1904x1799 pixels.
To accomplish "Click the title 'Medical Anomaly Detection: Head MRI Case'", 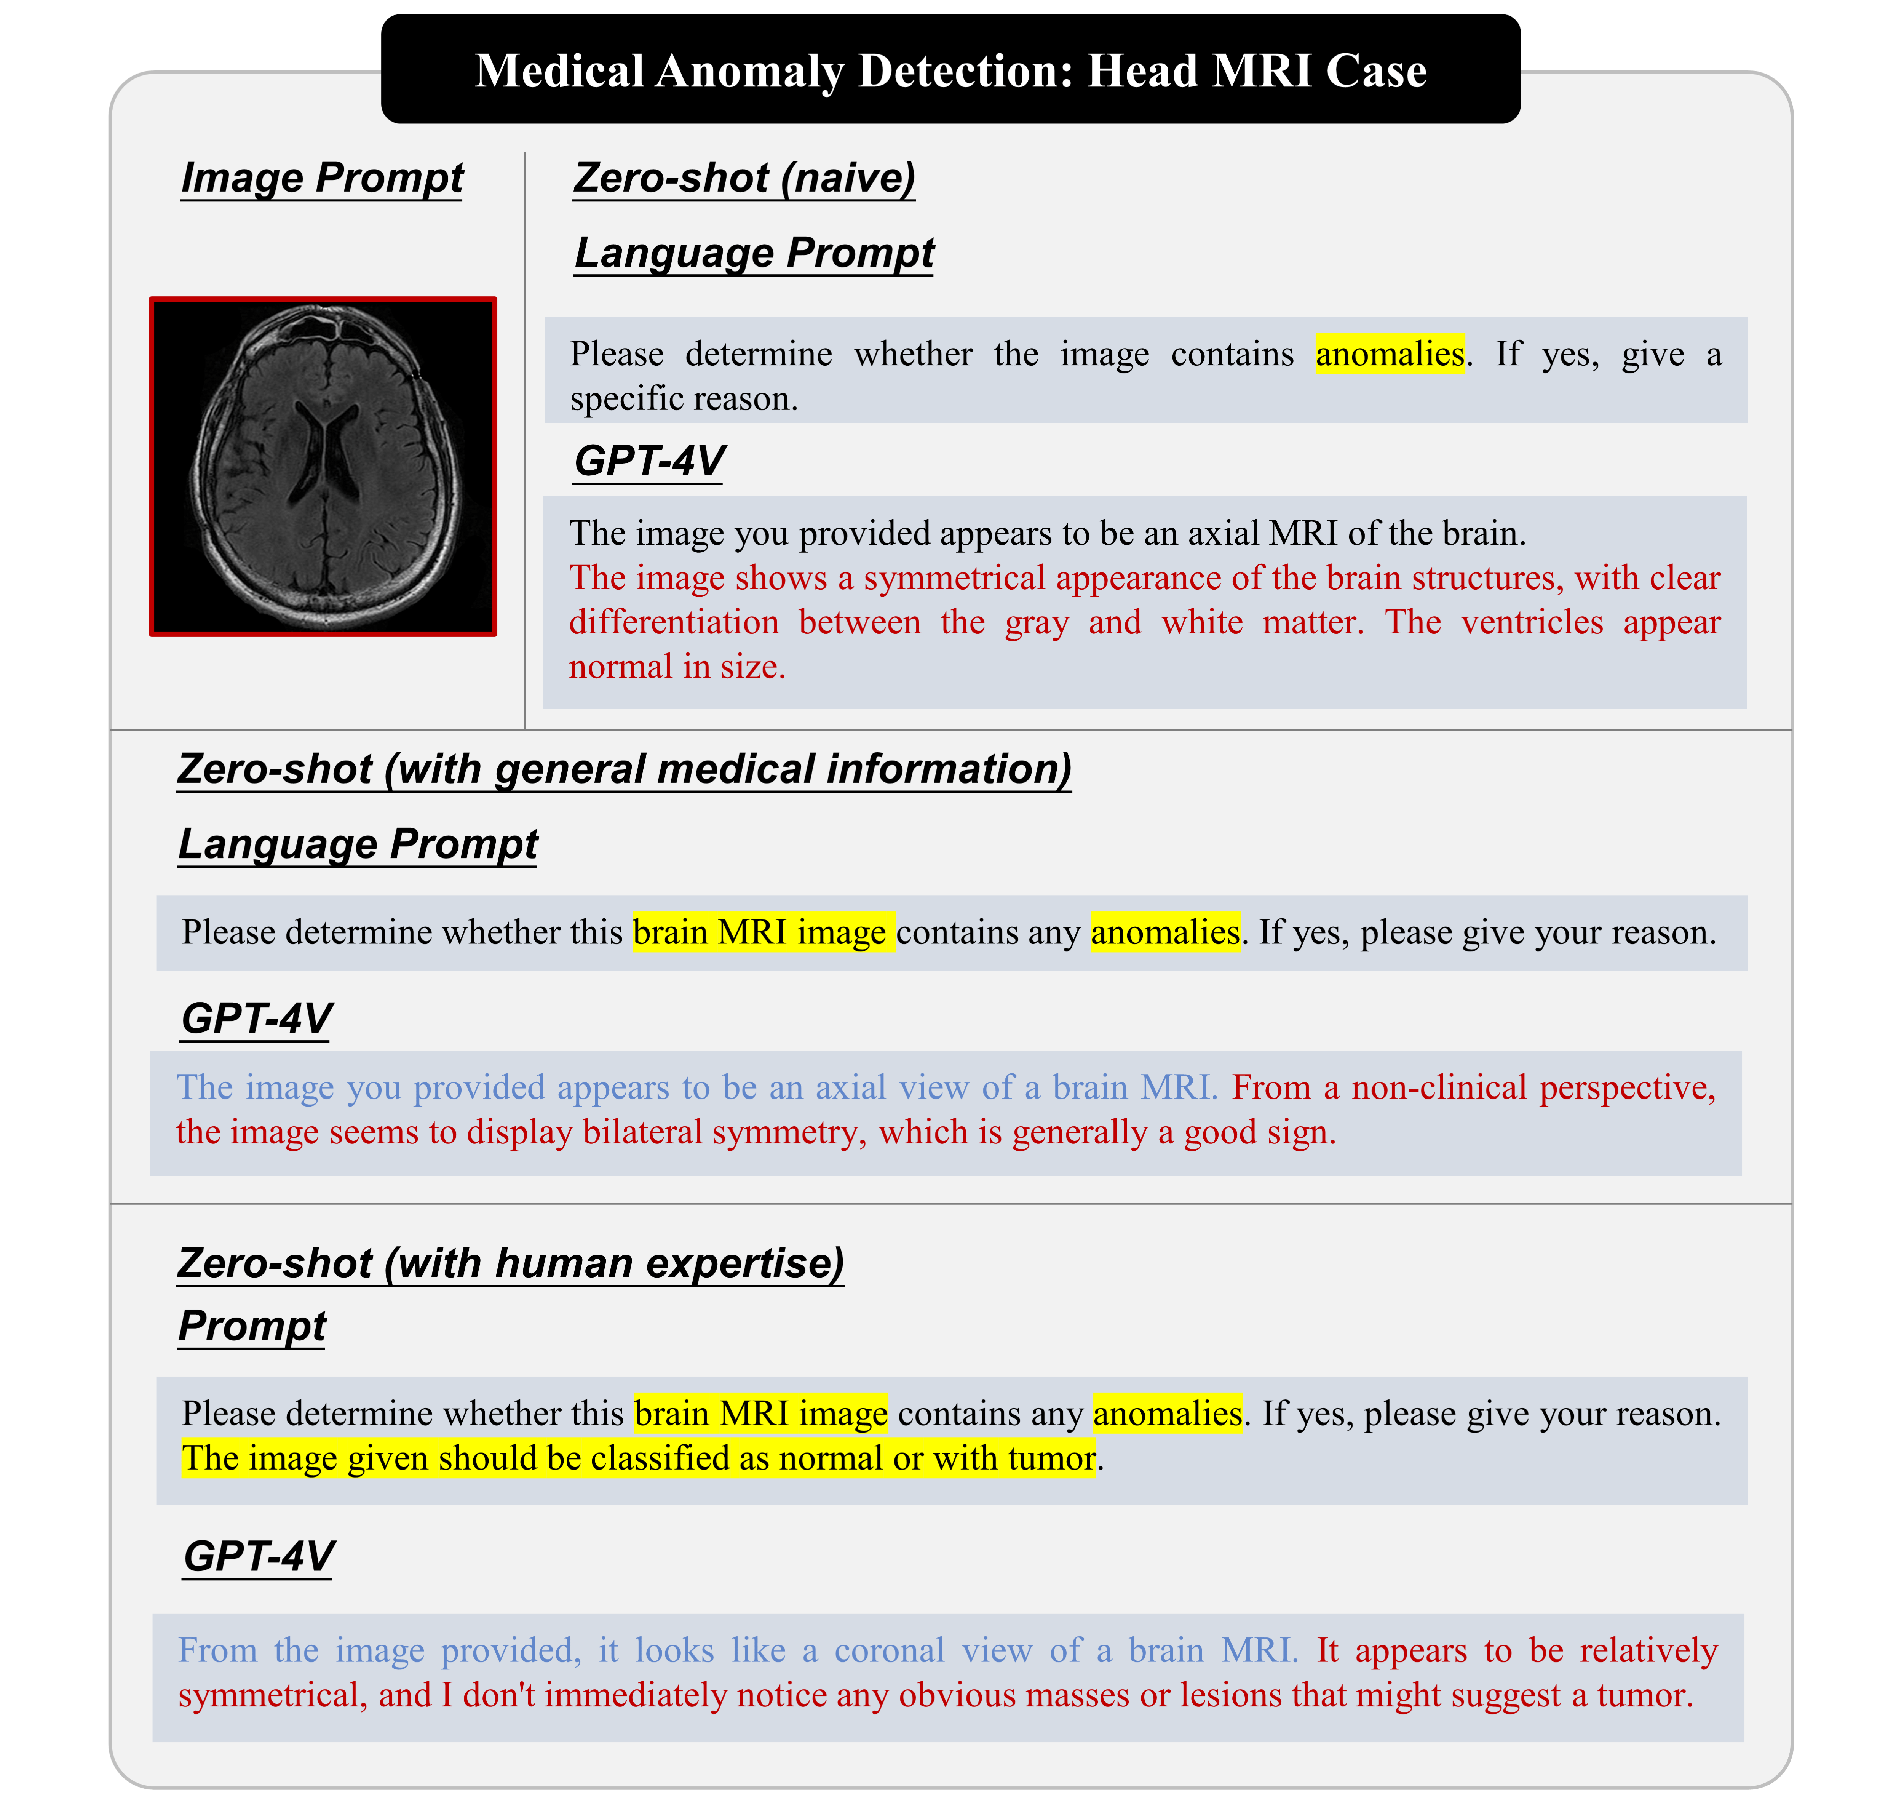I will click(x=950, y=70).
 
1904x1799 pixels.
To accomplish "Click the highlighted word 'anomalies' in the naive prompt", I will click(x=1389, y=354).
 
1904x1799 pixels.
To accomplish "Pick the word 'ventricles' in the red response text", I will click(x=1531, y=622).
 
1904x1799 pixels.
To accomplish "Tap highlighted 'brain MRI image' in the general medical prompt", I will click(x=763, y=932).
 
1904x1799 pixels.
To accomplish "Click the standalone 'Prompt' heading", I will click(x=252, y=1326).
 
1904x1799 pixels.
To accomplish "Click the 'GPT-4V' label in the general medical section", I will click(x=257, y=1019).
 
